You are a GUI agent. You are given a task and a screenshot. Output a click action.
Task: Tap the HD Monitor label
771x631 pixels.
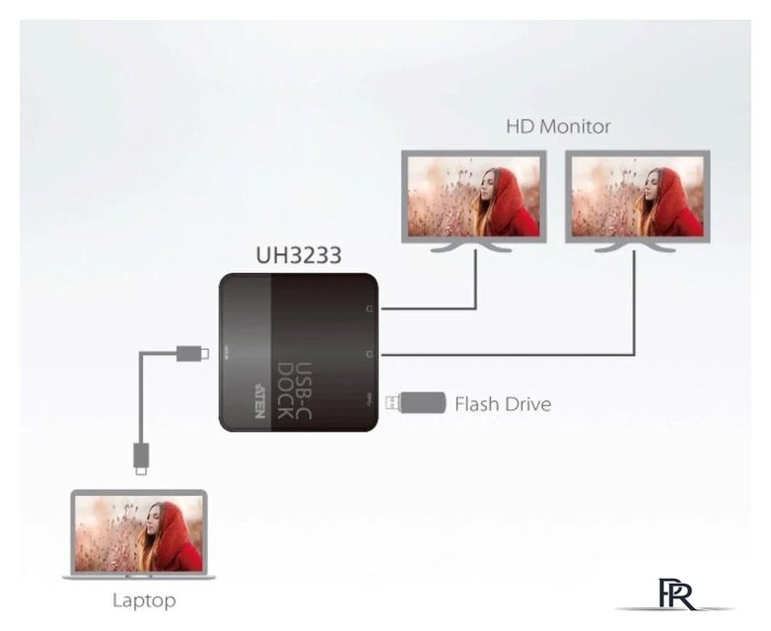coord(558,126)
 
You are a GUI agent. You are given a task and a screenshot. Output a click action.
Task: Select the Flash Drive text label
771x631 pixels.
coord(502,404)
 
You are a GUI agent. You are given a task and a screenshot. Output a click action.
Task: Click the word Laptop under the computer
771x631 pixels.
coord(143,599)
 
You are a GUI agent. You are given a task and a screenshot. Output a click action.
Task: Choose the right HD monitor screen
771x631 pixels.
coord(638,196)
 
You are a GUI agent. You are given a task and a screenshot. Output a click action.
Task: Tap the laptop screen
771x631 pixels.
coord(139,532)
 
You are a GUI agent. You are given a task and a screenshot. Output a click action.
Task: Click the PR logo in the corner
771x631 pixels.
coord(675,596)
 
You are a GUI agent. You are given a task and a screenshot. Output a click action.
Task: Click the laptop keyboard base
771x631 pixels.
coord(139,576)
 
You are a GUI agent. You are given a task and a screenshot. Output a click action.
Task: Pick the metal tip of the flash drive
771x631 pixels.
coord(390,402)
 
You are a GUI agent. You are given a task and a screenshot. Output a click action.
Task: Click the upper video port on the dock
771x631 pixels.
coord(369,309)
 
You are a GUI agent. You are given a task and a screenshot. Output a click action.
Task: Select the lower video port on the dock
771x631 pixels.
coord(369,353)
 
